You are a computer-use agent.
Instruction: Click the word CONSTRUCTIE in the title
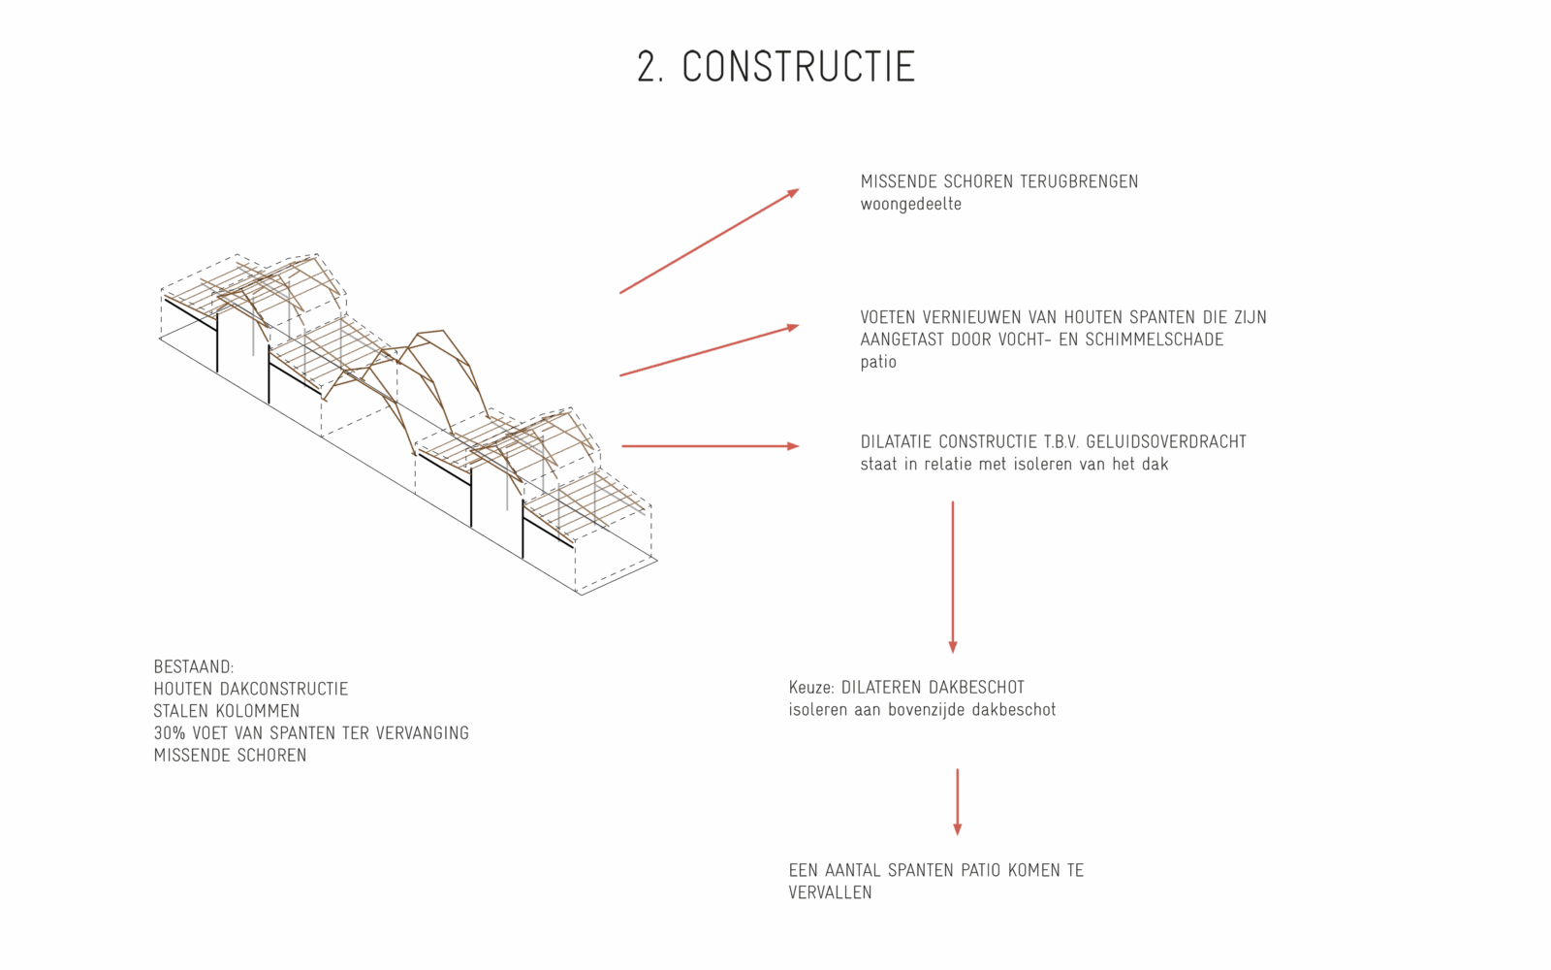click(x=799, y=67)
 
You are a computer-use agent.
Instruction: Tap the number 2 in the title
click(x=646, y=67)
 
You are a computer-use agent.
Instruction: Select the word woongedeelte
click(x=910, y=205)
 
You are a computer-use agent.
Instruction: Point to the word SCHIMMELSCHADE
click(x=1145, y=339)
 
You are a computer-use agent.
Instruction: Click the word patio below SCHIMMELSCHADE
click(x=878, y=363)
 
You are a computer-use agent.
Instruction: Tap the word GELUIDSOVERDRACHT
click(x=1166, y=442)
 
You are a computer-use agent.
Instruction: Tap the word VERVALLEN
click(x=830, y=893)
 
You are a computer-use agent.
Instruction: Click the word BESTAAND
click(x=194, y=667)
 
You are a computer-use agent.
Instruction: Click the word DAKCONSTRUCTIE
click(x=284, y=689)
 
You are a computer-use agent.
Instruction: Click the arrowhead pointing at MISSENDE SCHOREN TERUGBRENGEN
click(x=794, y=193)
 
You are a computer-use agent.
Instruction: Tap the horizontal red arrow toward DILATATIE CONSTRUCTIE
click(x=711, y=446)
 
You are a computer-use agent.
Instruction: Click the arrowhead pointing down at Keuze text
click(x=953, y=647)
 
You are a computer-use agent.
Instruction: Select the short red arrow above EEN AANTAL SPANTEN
click(x=958, y=802)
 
